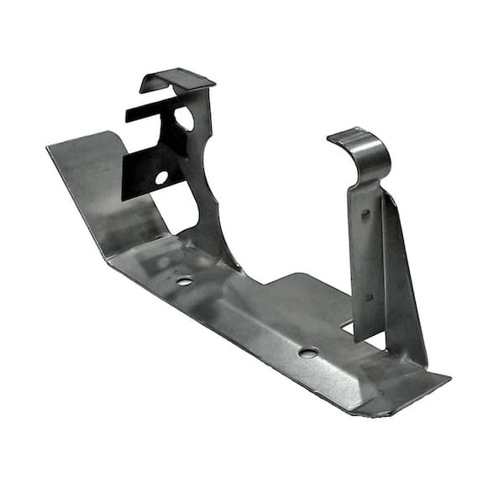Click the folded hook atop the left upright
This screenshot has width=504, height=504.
pyautogui.click(x=178, y=80)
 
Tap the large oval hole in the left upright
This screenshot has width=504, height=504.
pyautogui.click(x=184, y=118)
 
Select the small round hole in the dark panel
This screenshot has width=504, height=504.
pyautogui.click(x=161, y=177)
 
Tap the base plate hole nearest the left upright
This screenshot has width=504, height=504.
pyautogui.click(x=184, y=281)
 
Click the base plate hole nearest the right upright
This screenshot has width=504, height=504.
pyautogui.click(x=307, y=352)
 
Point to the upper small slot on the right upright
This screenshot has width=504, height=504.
pyautogui.click(x=365, y=215)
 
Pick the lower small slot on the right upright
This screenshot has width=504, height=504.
pyautogui.click(x=369, y=296)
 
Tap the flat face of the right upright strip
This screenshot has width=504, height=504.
pyautogui.click(x=366, y=260)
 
